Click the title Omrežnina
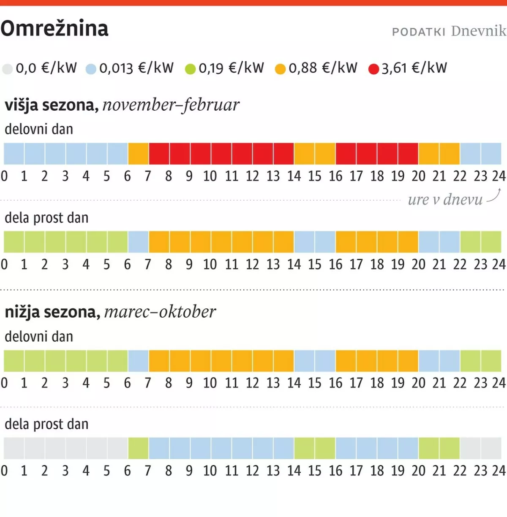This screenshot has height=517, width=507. click(x=55, y=29)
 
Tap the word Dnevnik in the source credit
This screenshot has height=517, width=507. click(x=478, y=31)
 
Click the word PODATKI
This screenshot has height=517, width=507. click(x=419, y=32)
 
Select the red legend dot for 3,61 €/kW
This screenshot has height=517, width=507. click(x=373, y=69)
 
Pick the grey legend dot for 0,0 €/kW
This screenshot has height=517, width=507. click(x=8, y=69)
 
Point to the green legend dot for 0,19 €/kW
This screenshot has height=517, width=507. click(x=191, y=69)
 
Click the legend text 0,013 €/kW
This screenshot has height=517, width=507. click(x=136, y=68)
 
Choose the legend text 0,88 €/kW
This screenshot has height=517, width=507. click(x=323, y=68)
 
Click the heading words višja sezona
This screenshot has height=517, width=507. click(x=51, y=105)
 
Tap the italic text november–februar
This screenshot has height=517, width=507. click(x=171, y=105)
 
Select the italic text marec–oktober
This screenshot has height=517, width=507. click(x=160, y=312)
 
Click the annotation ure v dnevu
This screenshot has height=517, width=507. click(x=445, y=199)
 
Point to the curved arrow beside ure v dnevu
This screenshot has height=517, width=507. click(x=494, y=196)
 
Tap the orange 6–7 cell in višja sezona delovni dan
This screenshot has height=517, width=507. click(x=138, y=154)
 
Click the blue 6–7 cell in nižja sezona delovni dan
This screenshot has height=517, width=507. click(x=138, y=361)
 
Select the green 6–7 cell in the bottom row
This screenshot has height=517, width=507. click(x=138, y=449)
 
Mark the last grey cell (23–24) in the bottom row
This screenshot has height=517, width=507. click(x=491, y=449)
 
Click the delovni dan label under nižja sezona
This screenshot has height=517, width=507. click(x=39, y=337)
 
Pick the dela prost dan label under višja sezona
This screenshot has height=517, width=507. click(x=46, y=218)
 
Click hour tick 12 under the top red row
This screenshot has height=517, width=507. click(x=252, y=176)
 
